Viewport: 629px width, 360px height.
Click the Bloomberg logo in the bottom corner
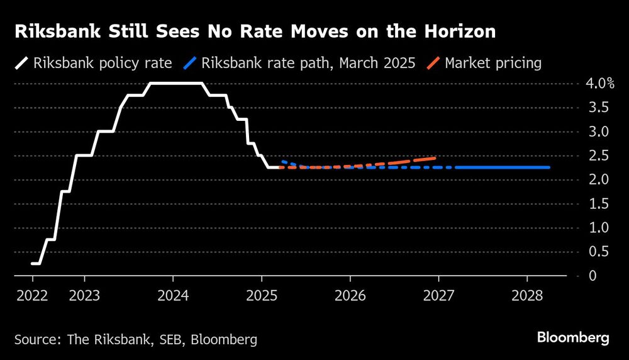573,338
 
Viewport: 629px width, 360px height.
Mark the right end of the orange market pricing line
435,158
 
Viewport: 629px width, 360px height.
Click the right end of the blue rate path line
549,167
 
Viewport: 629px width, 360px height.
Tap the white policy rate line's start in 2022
33,264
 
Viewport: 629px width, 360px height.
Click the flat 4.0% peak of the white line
176,83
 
